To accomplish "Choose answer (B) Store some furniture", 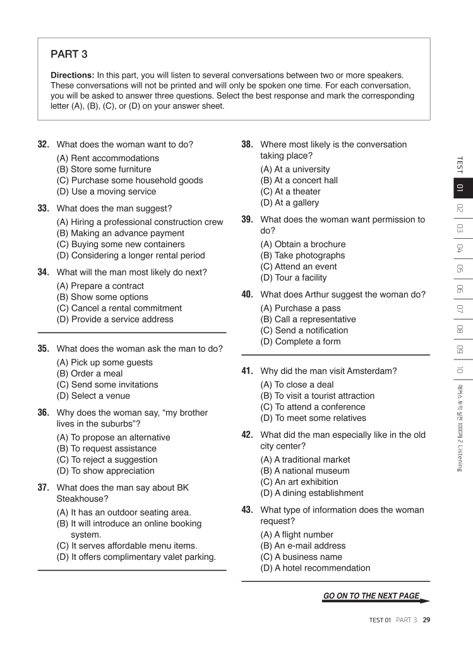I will pyautogui.click(x=104, y=169).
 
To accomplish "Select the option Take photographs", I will pyautogui.click(x=302, y=255).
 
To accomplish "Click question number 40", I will pyautogui.click(x=248, y=294).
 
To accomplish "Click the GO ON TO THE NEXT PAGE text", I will pyautogui.click(x=371, y=596).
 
